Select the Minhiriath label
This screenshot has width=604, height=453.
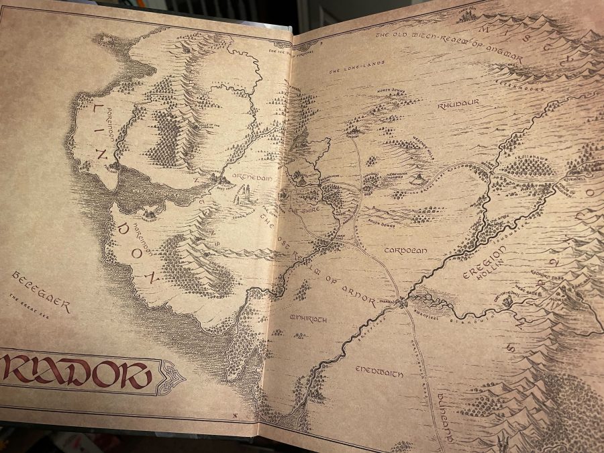click(x=308, y=317)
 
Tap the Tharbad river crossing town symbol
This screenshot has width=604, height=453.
click(x=402, y=304)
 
